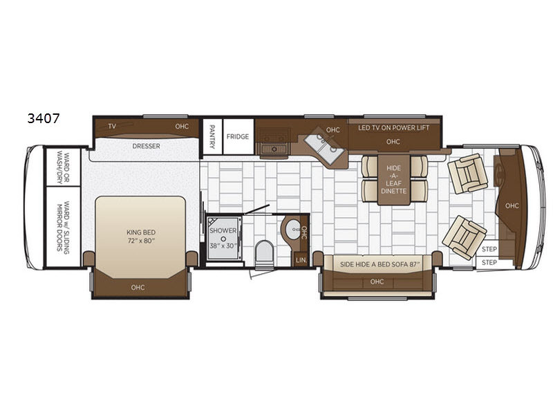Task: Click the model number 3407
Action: (44, 118)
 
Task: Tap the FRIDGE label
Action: (238, 136)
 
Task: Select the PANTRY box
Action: (212, 136)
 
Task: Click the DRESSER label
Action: (146, 146)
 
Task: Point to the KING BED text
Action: (141, 232)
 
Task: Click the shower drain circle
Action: (223, 239)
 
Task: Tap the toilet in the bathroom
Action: (264, 252)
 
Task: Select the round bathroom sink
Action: (292, 230)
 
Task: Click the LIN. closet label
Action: (301, 260)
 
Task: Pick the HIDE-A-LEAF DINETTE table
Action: (393, 180)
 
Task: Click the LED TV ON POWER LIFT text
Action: (393, 128)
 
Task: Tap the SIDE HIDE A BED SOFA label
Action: (379, 264)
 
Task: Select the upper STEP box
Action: (489, 249)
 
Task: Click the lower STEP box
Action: (489, 263)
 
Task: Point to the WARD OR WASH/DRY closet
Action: (63, 167)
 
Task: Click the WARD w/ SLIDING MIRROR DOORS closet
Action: (63, 227)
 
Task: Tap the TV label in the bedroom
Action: (112, 126)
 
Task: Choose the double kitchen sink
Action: (324, 149)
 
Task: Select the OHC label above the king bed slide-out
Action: (138, 288)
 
